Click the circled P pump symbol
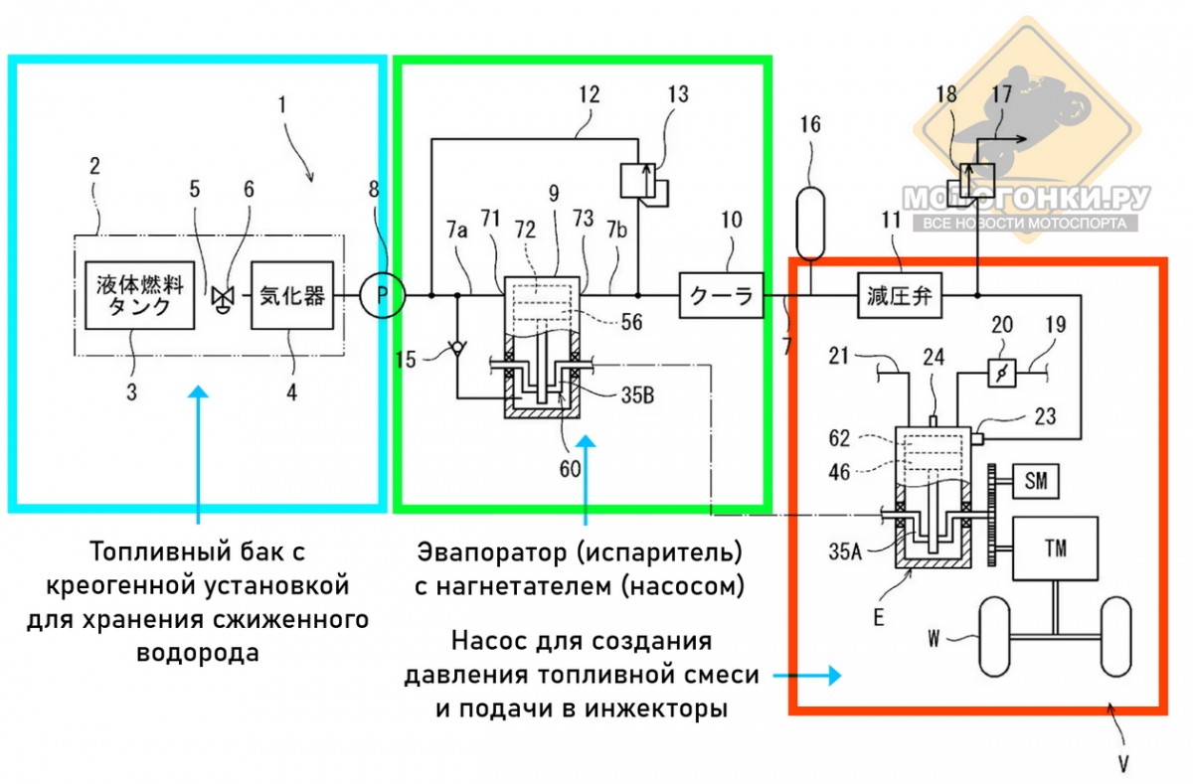(x=380, y=295)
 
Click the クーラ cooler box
(x=722, y=295)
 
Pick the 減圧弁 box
(x=900, y=295)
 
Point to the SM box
(x=1035, y=482)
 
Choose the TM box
(x=1055, y=548)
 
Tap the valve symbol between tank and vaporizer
(x=220, y=295)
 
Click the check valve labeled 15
(x=456, y=350)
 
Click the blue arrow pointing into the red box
(x=806, y=675)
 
